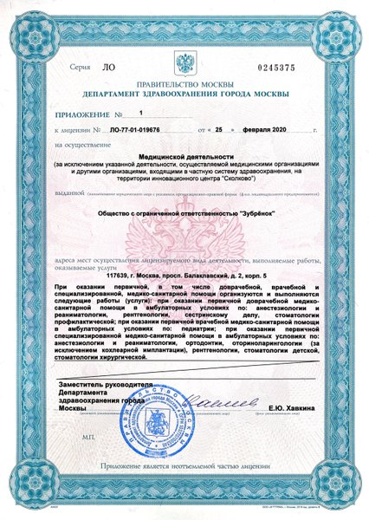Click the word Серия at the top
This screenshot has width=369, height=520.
click(78, 67)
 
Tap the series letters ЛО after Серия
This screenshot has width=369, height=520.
click(107, 67)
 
